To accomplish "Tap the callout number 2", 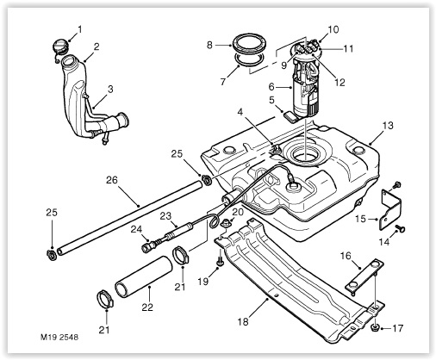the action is click(x=97, y=47).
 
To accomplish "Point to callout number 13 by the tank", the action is click(x=388, y=126).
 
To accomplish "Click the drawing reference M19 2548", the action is click(x=59, y=337).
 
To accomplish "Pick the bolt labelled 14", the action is click(x=399, y=228).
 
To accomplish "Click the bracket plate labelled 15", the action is click(x=389, y=209).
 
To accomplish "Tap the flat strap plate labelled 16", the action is click(x=364, y=276).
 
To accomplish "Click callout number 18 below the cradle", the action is click(x=243, y=322).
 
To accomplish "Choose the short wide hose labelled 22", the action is click(x=144, y=278).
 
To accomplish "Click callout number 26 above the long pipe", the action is click(x=112, y=180).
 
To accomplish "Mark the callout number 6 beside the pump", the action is click(x=272, y=87).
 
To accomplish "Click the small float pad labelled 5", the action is click(x=291, y=117).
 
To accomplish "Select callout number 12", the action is click(x=339, y=83).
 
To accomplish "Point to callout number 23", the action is click(x=165, y=216).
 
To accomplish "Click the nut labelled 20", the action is click(x=227, y=223).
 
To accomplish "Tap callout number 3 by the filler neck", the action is click(x=110, y=89).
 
